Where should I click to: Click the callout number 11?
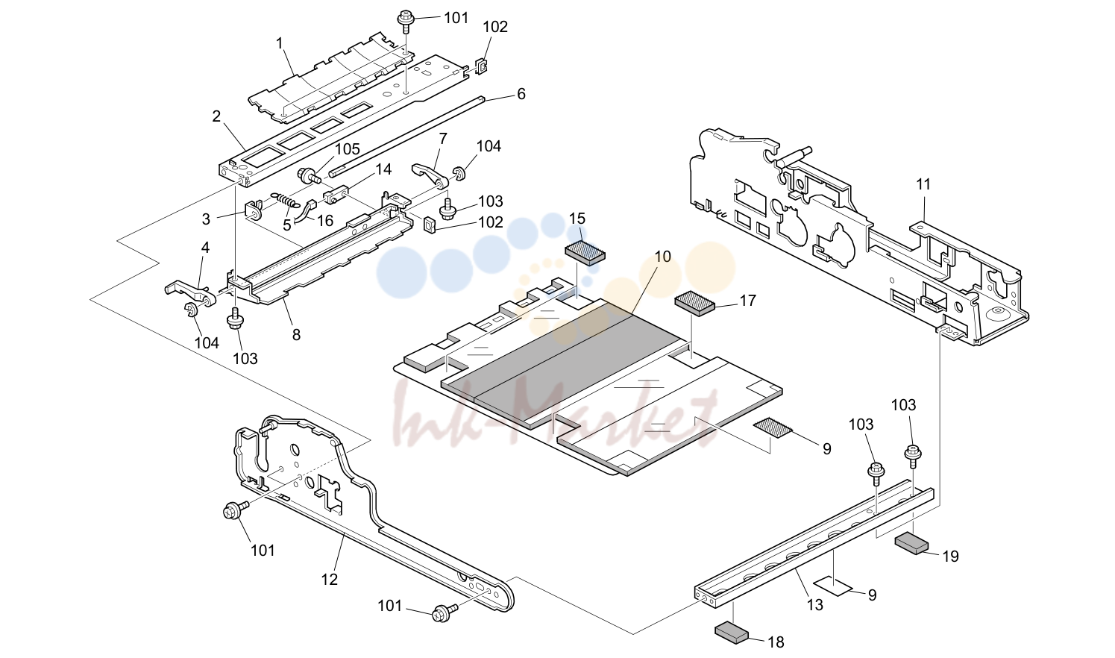(923, 184)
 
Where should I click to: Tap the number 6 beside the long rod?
(521, 94)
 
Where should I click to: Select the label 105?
(347, 148)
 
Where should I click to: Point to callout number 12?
(329, 580)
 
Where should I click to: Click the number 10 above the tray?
(662, 257)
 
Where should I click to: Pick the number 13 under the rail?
(815, 605)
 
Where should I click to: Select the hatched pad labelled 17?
(694, 304)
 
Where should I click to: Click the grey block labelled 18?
(732, 631)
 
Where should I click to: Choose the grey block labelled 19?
(911, 544)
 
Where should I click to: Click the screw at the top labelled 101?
(405, 21)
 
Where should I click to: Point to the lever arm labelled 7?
(429, 174)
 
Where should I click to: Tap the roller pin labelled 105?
(309, 176)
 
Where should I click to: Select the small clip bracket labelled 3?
(254, 210)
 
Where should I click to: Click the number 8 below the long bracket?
(296, 335)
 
